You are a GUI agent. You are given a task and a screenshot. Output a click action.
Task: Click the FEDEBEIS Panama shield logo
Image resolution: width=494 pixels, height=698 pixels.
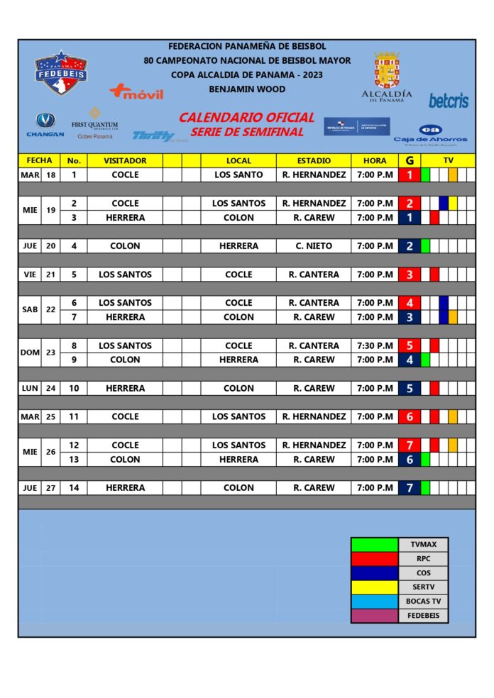click(61, 72)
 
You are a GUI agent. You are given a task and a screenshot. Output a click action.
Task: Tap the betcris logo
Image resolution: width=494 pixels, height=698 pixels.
click(449, 101)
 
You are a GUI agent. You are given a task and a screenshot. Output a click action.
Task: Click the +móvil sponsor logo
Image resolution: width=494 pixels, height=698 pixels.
click(136, 92)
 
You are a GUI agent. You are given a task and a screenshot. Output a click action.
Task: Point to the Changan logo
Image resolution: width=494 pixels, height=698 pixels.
click(45, 125)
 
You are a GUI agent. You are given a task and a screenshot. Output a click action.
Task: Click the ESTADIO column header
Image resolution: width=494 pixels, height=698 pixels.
click(314, 160)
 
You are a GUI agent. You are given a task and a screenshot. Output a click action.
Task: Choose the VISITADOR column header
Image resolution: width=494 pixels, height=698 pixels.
click(125, 160)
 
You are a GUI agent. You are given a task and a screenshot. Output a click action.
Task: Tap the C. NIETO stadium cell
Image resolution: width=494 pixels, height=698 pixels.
click(314, 246)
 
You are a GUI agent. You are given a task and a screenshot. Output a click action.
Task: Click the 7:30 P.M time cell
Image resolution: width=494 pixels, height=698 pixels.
click(375, 345)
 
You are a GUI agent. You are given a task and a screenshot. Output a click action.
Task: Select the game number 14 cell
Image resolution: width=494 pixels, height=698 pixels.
click(74, 487)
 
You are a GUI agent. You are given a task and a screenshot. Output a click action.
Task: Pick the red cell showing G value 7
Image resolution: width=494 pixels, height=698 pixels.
click(410, 445)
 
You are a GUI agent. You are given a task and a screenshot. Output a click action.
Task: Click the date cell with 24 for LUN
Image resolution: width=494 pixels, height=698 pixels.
click(50, 388)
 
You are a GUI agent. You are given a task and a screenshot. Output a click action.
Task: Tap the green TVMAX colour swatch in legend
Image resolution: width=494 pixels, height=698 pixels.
click(374, 545)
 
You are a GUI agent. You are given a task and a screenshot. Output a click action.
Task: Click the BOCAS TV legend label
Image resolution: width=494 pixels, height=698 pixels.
click(423, 602)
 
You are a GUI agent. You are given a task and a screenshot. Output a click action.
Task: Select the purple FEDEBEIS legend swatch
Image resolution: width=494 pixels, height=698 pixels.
click(374, 616)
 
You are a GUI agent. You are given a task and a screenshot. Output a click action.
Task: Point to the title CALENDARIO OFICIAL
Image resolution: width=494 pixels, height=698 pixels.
click(246, 118)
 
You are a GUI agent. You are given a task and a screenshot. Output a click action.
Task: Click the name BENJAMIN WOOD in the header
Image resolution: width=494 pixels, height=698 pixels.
click(247, 89)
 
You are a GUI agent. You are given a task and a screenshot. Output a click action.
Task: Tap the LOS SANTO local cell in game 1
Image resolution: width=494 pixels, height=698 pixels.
click(238, 174)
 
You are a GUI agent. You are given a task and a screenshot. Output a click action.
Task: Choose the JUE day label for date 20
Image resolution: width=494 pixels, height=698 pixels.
click(30, 246)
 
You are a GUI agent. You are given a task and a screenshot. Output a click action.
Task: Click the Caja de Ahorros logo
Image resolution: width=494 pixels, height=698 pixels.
click(430, 134)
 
